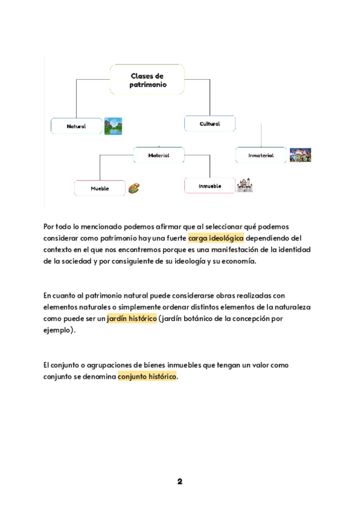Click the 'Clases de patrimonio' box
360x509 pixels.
(x=147, y=80)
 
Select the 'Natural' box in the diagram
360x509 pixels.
(x=76, y=126)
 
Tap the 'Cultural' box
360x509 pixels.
(x=210, y=124)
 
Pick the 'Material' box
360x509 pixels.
(x=159, y=155)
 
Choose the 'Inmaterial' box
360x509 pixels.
(x=261, y=155)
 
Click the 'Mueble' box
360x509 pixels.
(x=100, y=188)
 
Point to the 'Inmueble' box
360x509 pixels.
(x=210, y=185)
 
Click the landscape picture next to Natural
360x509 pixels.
(x=113, y=126)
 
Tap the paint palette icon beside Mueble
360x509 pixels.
(x=134, y=188)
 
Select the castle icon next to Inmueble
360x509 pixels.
(x=245, y=185)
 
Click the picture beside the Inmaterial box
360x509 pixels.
(x=300, y=155)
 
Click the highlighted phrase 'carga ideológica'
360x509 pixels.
(x=216, y=238)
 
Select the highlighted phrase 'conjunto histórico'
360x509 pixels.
(x=148, y=376)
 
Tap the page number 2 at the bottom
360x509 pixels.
(x=179, y=481)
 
